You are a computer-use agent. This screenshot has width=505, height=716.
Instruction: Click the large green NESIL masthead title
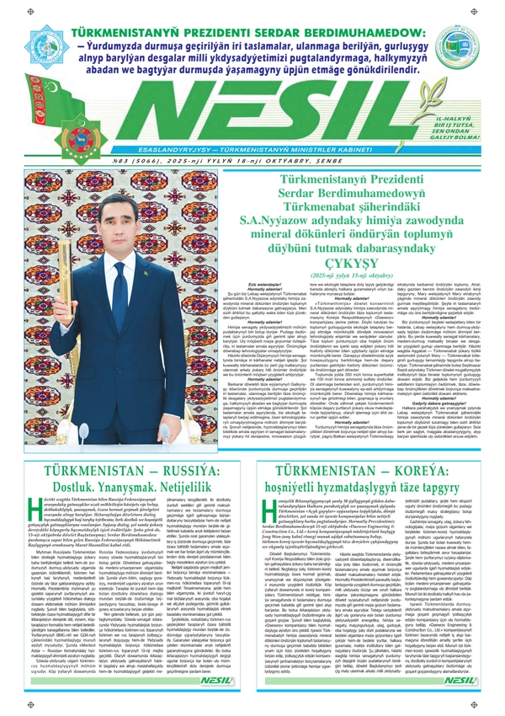pyautogui.click(x=252, y=105)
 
